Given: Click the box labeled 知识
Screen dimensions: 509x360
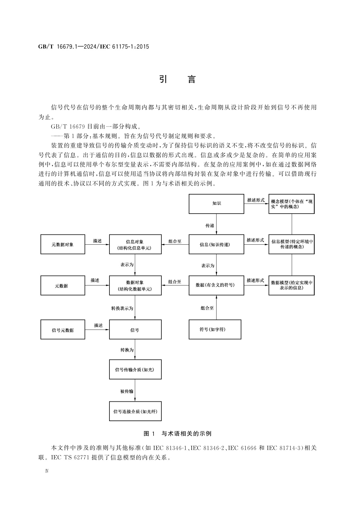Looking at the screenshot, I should [216, 204].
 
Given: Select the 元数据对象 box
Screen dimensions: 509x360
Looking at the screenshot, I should [63, 244].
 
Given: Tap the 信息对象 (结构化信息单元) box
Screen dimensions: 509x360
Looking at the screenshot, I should [135, 244].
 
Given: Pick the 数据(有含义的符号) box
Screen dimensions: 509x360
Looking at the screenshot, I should [216, 285].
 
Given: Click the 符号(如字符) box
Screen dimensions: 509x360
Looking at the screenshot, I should [215, 330].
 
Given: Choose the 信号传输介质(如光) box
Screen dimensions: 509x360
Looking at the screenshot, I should [135, 369].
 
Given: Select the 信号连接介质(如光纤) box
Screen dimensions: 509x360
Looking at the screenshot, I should [135, 411].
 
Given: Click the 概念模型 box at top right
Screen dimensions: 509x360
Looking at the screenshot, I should [291, 204].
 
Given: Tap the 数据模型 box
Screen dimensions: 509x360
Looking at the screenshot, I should [291, 285].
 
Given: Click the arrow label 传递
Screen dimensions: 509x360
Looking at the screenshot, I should [209, 226].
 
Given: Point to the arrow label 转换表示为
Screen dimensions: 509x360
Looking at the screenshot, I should [122, 309].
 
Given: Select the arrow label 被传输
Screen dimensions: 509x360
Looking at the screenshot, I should [127, 391].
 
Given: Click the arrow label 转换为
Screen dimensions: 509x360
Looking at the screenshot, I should [127, 350].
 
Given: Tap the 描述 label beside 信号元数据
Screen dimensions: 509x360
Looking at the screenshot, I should [98, 325].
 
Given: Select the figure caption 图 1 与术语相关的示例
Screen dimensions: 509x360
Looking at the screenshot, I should [177, 434].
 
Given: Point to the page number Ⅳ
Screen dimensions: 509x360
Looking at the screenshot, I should [47, 471].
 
